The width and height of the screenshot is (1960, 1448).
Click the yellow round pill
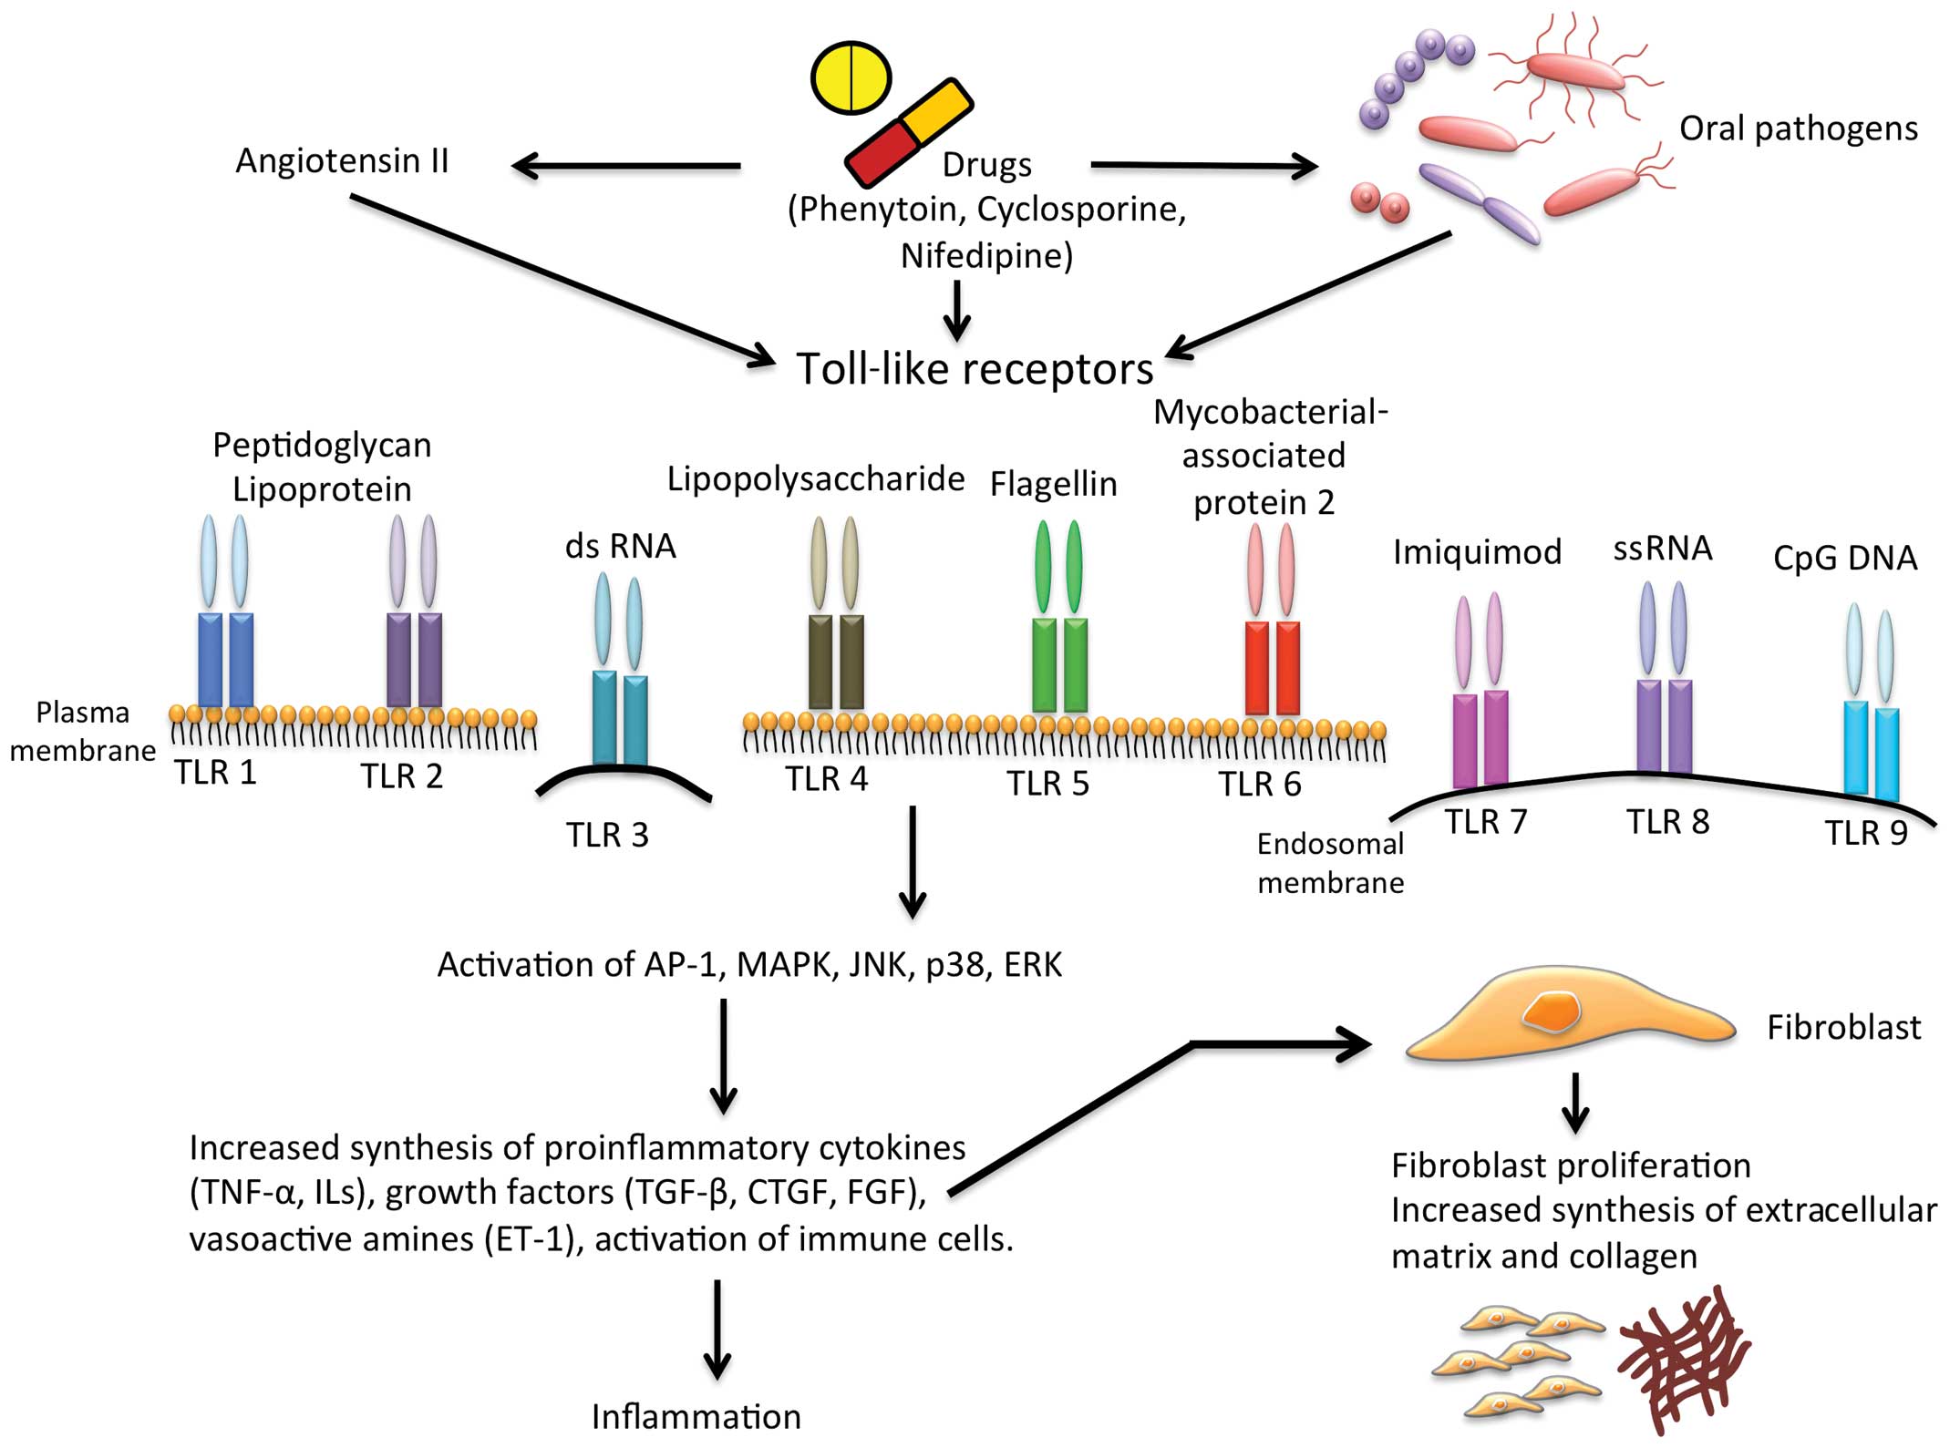851,77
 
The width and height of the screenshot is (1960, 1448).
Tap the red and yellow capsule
908,133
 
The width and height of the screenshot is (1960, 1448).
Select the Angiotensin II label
342,161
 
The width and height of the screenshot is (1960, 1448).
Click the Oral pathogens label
1798,128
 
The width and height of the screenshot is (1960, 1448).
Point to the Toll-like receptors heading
975,369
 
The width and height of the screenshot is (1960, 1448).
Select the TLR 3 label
607,835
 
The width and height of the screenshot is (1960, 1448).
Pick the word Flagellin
1053,484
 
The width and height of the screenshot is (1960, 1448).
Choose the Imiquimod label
1477,552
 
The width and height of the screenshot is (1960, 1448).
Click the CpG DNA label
1844,558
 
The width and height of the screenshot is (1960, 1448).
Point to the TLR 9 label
1865,833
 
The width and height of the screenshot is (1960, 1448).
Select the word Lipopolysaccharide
815,479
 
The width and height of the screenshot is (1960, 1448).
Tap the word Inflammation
696,1417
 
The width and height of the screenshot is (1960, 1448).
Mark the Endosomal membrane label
1330,863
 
